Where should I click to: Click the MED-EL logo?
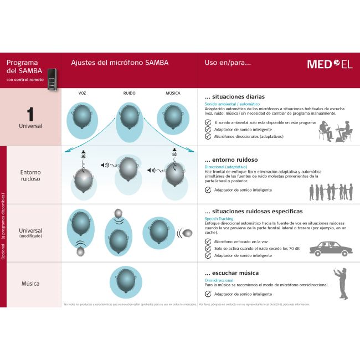pyautogui.click(x=330, y=64)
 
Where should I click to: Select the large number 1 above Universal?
pyautogui.click(x=30, y=114)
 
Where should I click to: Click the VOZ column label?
pyautogui.click(x=82, y=93)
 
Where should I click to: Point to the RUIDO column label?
pyautogui.click(x=129, y=93)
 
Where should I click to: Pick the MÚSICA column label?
pyautogui.click(x=173, y=93)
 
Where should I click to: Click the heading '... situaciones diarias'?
pyautogui.click(x=231, y=96)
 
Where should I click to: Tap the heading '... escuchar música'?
pyautogui.click(x=232, y=272)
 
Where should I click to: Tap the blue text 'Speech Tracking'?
pyautogui.click(x=219, y=219)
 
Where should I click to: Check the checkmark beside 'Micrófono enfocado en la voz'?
pyautogui.click(x=208, y=241)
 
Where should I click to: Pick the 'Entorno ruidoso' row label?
pyautogui.click(x=30, y=176)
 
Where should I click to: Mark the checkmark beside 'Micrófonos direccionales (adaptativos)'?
pyautogui.click(x=208, y=136)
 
